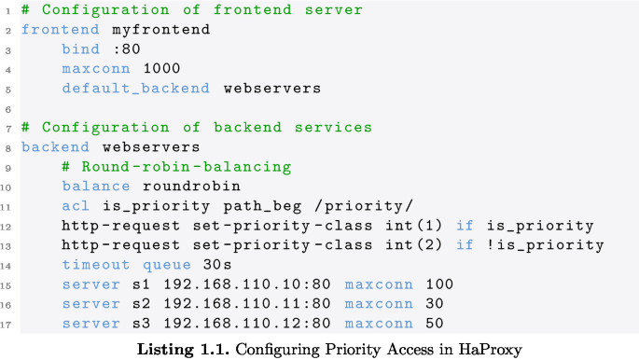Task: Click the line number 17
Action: [7, 325]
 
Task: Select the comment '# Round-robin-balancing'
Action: [176, 167]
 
